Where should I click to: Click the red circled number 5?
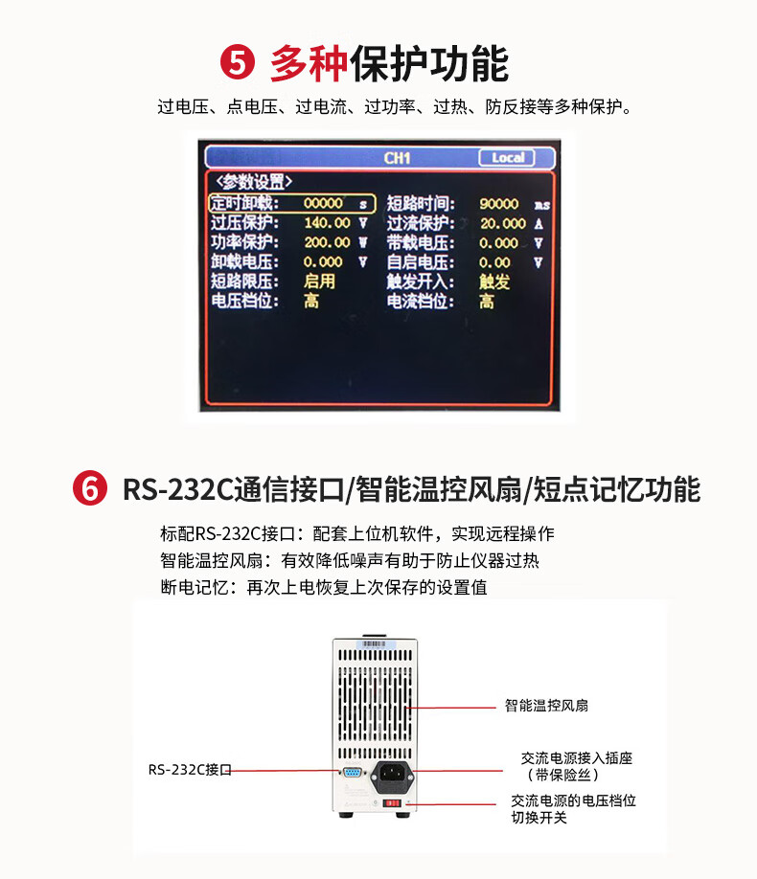238,63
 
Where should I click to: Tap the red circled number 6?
90,488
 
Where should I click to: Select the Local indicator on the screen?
507,158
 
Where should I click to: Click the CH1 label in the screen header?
397,158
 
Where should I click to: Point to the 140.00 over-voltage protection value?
327,223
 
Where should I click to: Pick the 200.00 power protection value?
327,243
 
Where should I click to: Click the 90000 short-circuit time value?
499,204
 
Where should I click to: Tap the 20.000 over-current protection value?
503,224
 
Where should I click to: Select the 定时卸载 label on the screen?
244,203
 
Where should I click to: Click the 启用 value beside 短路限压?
319,282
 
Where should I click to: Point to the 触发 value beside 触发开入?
494,282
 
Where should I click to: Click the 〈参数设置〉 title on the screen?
254,182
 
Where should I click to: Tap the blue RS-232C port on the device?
352,773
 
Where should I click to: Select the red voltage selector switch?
392,803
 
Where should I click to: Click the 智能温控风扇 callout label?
546,706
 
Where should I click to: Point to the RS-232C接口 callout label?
190,770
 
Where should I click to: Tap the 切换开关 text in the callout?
539,818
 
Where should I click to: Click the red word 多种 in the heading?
310,63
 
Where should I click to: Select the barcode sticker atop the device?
375,643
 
